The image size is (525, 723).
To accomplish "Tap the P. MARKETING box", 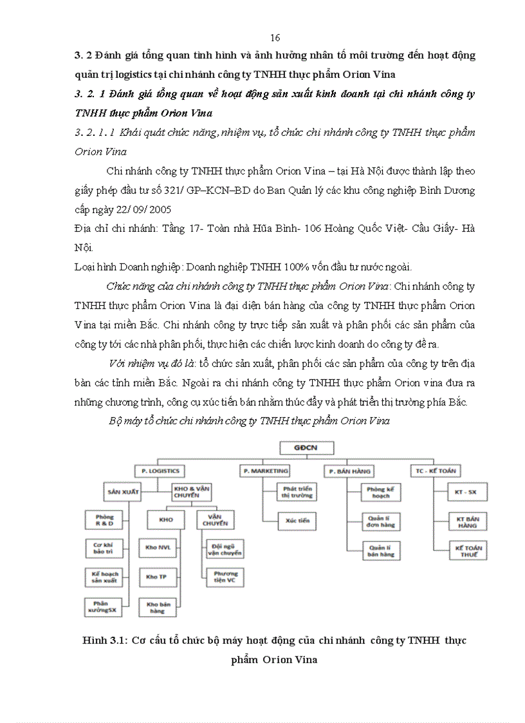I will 264,471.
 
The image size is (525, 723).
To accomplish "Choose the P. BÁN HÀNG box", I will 348,471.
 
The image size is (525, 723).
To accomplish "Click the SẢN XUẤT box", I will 124,491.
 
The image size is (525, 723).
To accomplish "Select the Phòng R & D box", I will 104,520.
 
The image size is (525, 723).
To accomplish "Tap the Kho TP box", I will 156,577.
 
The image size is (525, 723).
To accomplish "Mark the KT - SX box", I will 470,492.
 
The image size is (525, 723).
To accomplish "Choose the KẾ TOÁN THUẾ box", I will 470,551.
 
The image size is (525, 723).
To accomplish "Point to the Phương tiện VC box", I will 225,577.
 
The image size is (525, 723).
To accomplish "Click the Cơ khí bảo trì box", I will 104,549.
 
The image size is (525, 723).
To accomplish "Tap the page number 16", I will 275,37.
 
